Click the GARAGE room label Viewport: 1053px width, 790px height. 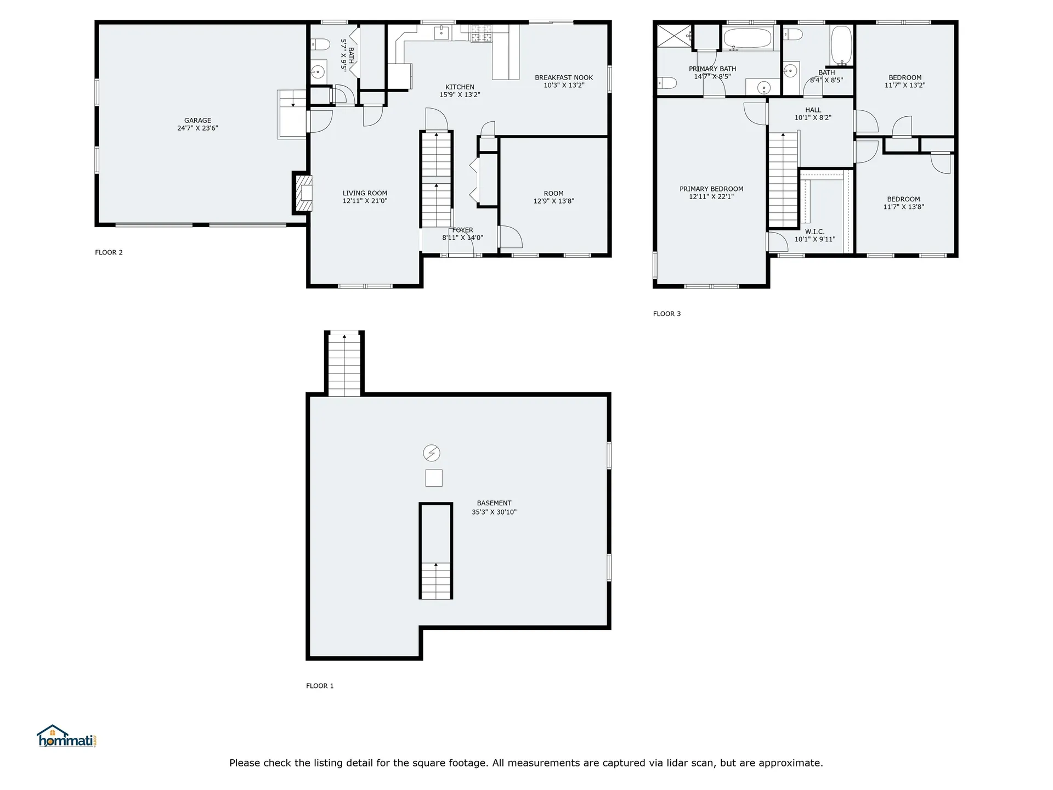[x=197, y=124]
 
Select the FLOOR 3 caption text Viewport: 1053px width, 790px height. [x=666, y=314]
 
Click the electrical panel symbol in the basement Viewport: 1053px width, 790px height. [x=432, y=453]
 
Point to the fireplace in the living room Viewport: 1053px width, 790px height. [x=303, y=193]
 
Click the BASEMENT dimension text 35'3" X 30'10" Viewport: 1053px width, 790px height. [x=494, y=512]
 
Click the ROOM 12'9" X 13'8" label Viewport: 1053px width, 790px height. [x=553, y=197]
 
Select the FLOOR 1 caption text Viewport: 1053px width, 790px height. [x=320, y=686]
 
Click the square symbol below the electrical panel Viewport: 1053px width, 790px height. [x=434, y=478]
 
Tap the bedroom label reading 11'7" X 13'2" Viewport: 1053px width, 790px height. [x=904, y=81]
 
